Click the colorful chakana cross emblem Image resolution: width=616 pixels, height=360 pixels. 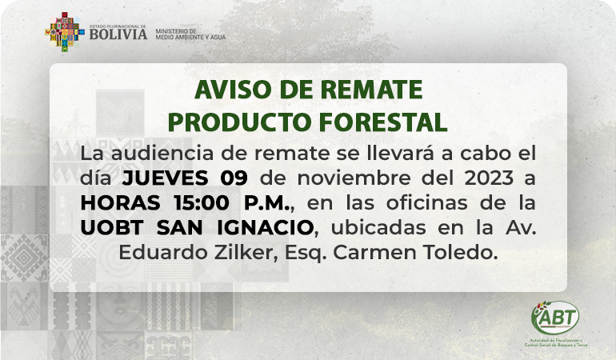pos(65,32)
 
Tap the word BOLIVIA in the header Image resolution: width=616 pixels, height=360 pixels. pos(118,34)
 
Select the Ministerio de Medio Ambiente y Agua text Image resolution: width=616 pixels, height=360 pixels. pos(190,34)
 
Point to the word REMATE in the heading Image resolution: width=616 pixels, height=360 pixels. pos(372,90)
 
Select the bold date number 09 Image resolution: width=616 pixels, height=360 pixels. pos(234,178)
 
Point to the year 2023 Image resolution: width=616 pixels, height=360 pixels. pos(489,178)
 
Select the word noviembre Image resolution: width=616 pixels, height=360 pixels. pos(354,178)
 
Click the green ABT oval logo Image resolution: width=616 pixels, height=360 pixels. pos(555,318)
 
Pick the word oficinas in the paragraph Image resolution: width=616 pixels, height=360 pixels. pos(427,202)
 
